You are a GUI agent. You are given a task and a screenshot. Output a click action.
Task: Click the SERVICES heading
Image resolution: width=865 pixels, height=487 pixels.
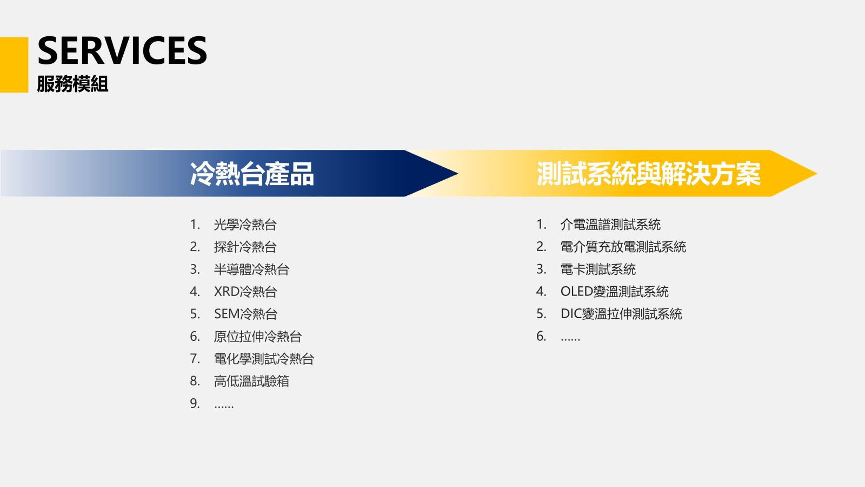(x=122, y=51)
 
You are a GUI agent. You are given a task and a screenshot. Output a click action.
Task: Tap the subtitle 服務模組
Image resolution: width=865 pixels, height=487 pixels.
(x=72, y=84)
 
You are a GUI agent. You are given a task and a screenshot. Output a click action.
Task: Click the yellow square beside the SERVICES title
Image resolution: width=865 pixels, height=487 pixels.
(x=14, y=64)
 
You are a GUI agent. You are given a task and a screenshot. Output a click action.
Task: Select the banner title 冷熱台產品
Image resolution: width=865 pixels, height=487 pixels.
(x=252, y=174)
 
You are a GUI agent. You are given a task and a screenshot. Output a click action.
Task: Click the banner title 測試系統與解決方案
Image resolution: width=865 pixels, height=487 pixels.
(x=649, y=174)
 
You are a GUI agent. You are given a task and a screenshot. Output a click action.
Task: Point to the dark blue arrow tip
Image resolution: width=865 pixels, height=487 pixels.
(x=458, y=174)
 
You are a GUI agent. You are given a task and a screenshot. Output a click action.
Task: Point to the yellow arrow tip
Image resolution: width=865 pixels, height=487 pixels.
(x=817, y=174)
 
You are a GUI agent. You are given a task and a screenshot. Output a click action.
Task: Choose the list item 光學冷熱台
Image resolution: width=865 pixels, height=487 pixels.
(x=245, y=225)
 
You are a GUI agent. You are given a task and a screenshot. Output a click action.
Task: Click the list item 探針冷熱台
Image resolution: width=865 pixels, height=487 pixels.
(x=245, y=247)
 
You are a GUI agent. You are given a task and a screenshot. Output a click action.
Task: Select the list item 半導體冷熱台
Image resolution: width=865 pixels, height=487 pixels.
(x=251, y=269)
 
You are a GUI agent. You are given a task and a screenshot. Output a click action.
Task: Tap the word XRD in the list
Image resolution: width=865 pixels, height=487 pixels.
(x=227, y=292)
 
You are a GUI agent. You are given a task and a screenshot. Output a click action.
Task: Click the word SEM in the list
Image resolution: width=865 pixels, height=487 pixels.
(x=227, y=314)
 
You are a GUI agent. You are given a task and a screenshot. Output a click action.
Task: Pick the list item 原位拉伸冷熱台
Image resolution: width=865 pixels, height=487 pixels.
(x=257, y=336)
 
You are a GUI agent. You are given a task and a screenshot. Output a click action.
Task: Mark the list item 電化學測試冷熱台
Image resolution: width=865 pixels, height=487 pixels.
(x=264, y=359)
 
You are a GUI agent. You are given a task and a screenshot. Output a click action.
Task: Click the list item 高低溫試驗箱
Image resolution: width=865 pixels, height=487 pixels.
(x=251, y=381)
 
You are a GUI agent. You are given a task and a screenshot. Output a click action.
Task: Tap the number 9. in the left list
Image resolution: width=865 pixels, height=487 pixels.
(x=195, y=404)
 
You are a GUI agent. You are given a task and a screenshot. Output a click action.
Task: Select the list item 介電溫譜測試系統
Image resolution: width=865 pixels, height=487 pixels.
(x=610, y=225)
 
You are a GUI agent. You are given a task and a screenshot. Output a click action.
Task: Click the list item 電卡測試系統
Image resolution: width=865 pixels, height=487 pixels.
(x=598, y=269)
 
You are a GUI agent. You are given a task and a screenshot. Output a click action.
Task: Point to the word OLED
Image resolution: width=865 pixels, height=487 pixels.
(x=576, y=292)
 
